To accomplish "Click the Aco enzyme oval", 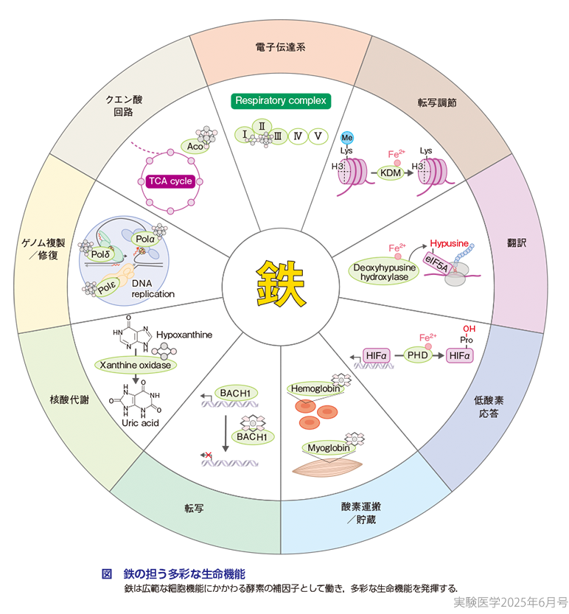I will [x=195, y=147].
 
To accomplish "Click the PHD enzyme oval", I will [x=416, y=356].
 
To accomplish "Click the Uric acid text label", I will [x=139, y=422].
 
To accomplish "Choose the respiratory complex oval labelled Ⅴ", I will [x=318, y=136].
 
